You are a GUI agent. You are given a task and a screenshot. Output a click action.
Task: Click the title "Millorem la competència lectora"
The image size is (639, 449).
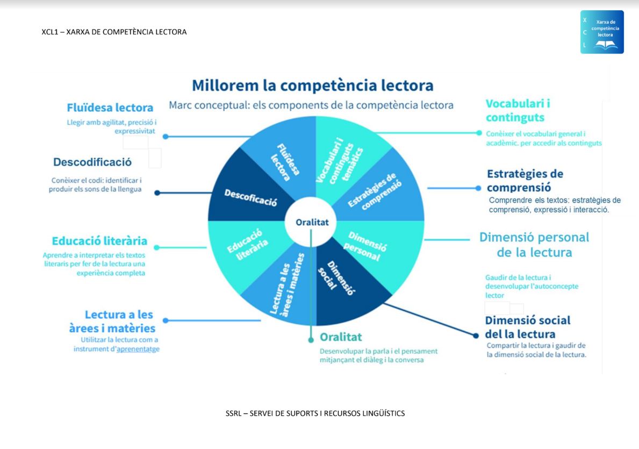click(313, 85)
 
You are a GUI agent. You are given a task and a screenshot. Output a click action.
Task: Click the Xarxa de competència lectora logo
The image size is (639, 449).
click(602, 32)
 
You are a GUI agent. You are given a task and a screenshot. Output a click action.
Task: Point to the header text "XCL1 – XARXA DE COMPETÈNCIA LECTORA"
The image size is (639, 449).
click(114, 32)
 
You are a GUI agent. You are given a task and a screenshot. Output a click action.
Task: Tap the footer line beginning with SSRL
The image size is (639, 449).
click(315, 414)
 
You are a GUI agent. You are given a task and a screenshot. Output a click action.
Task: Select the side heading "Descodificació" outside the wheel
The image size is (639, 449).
click(92, 162)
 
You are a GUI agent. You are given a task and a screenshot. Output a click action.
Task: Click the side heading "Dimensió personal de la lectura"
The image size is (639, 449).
click(534, 245)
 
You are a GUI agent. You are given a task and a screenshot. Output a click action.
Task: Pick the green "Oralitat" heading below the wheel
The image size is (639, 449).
click(341, 337)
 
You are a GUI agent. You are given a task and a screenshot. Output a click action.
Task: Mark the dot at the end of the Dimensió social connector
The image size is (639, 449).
click(476, 335)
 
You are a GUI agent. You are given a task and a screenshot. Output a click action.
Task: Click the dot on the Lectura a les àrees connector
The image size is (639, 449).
click(165, 320)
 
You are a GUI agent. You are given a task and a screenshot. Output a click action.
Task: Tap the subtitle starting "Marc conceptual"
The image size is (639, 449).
click(311, 105)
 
